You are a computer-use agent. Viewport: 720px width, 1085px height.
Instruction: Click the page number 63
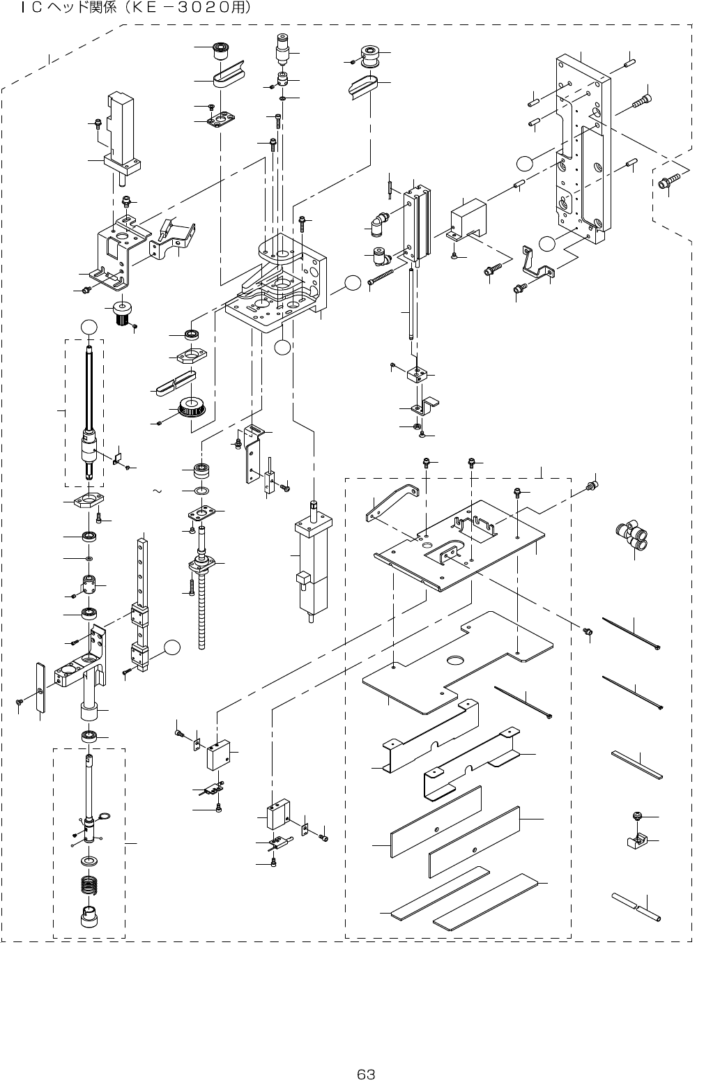pyautogui.click(x=366, y=1074)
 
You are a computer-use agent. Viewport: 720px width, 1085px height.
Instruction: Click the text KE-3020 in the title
pyautogui.click(x=187, y=8)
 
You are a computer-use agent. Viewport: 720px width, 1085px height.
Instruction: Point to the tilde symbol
pyautogui.click(x=157, y=491)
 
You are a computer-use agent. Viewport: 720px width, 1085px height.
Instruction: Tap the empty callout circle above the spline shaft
pyautogui.click(x=89, y=328)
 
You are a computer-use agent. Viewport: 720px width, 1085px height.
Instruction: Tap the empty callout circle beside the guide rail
pyautogui.click(x=172, y=647)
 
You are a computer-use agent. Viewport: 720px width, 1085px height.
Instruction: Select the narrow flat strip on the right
pyautogui.click(x=636, y=765)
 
